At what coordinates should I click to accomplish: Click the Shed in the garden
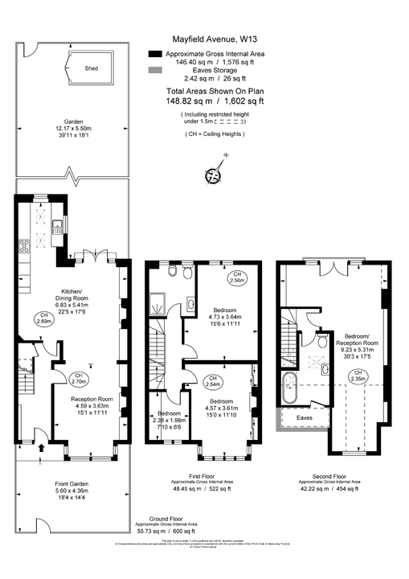point(92,69)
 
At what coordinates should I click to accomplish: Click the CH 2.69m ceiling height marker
point(45,318)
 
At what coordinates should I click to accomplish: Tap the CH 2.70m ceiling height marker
point(79,378)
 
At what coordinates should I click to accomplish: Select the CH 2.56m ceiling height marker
point(238,277)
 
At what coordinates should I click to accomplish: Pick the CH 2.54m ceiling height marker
point(212,382)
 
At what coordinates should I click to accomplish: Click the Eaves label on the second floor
point(305,418)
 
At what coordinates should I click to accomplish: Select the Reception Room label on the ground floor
point(90,398)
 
